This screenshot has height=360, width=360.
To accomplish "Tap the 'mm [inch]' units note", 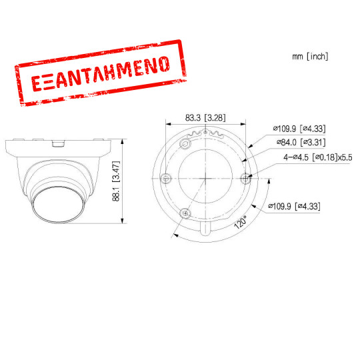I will pos(310,57).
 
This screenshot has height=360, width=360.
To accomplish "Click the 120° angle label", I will pos(241,221).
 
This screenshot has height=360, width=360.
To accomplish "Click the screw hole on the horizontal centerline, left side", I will pos(167,177).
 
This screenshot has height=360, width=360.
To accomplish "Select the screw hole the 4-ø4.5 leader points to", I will pos(245,177).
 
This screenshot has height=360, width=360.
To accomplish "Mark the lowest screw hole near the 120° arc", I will pos(186,213).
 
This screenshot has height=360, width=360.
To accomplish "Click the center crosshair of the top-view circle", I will pos(206,177).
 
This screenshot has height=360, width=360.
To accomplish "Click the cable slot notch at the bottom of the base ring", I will pos(206,229).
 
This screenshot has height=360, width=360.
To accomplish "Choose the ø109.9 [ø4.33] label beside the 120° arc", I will pos(293,207).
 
